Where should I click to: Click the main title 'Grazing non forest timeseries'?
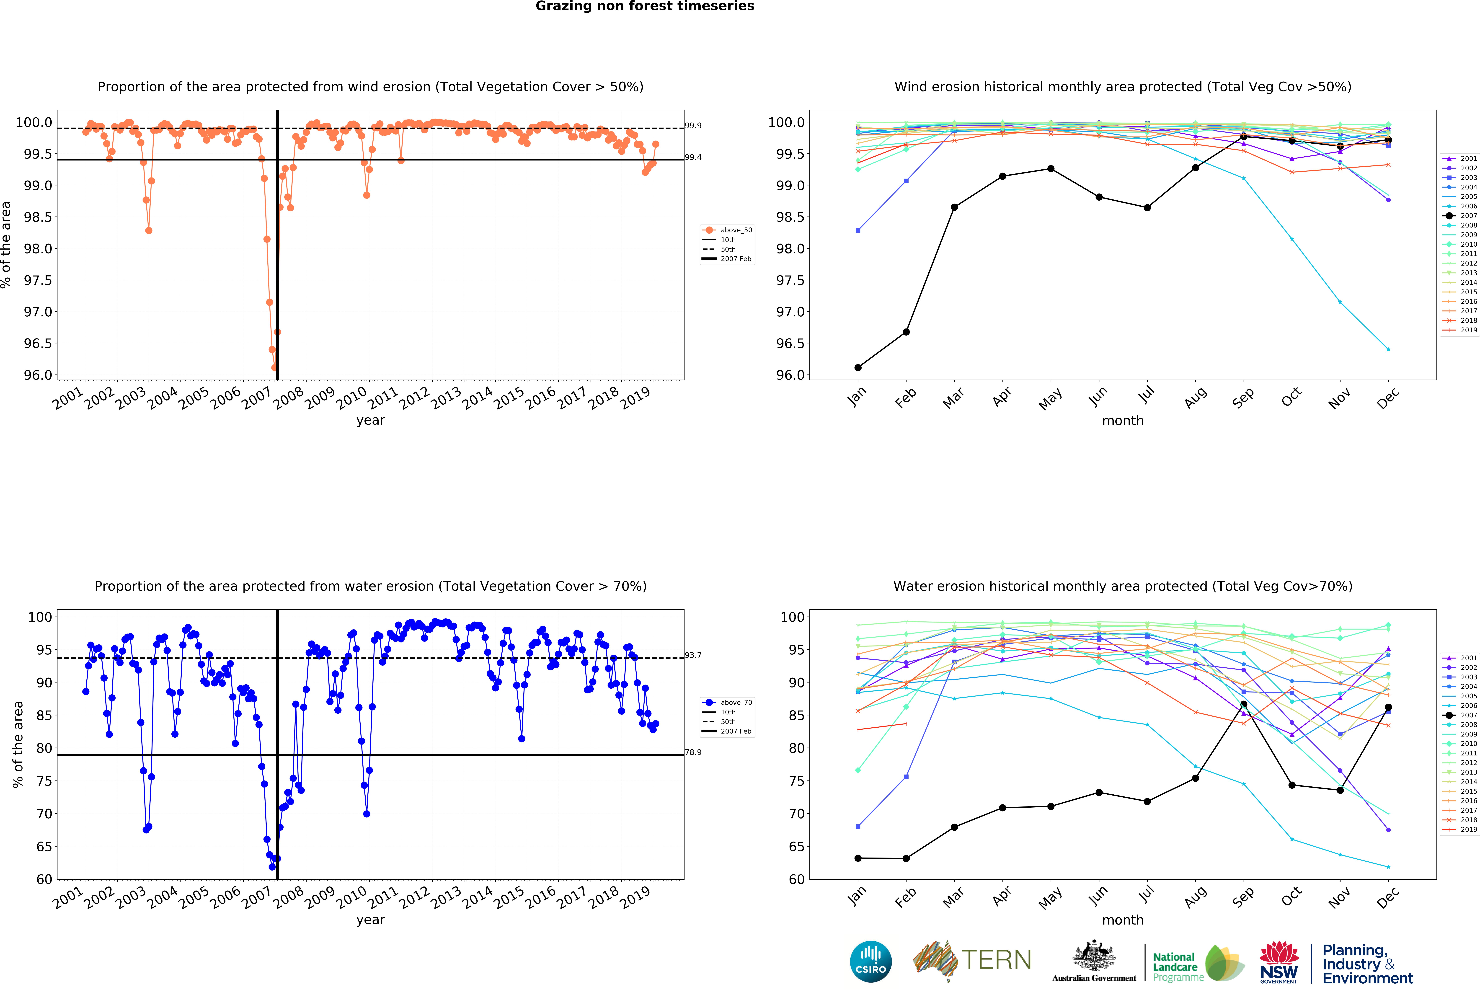[x=644, y=6]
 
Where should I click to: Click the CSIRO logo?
[x=870, y=962]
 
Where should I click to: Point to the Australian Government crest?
[x=1093, y=955]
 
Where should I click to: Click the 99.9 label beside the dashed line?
[x=693, y=125]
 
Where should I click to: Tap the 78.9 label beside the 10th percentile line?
[x=693, y=752]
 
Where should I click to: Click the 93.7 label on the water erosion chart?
[x=693, y=655]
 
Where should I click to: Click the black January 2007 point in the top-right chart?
[x=858, y=367]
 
